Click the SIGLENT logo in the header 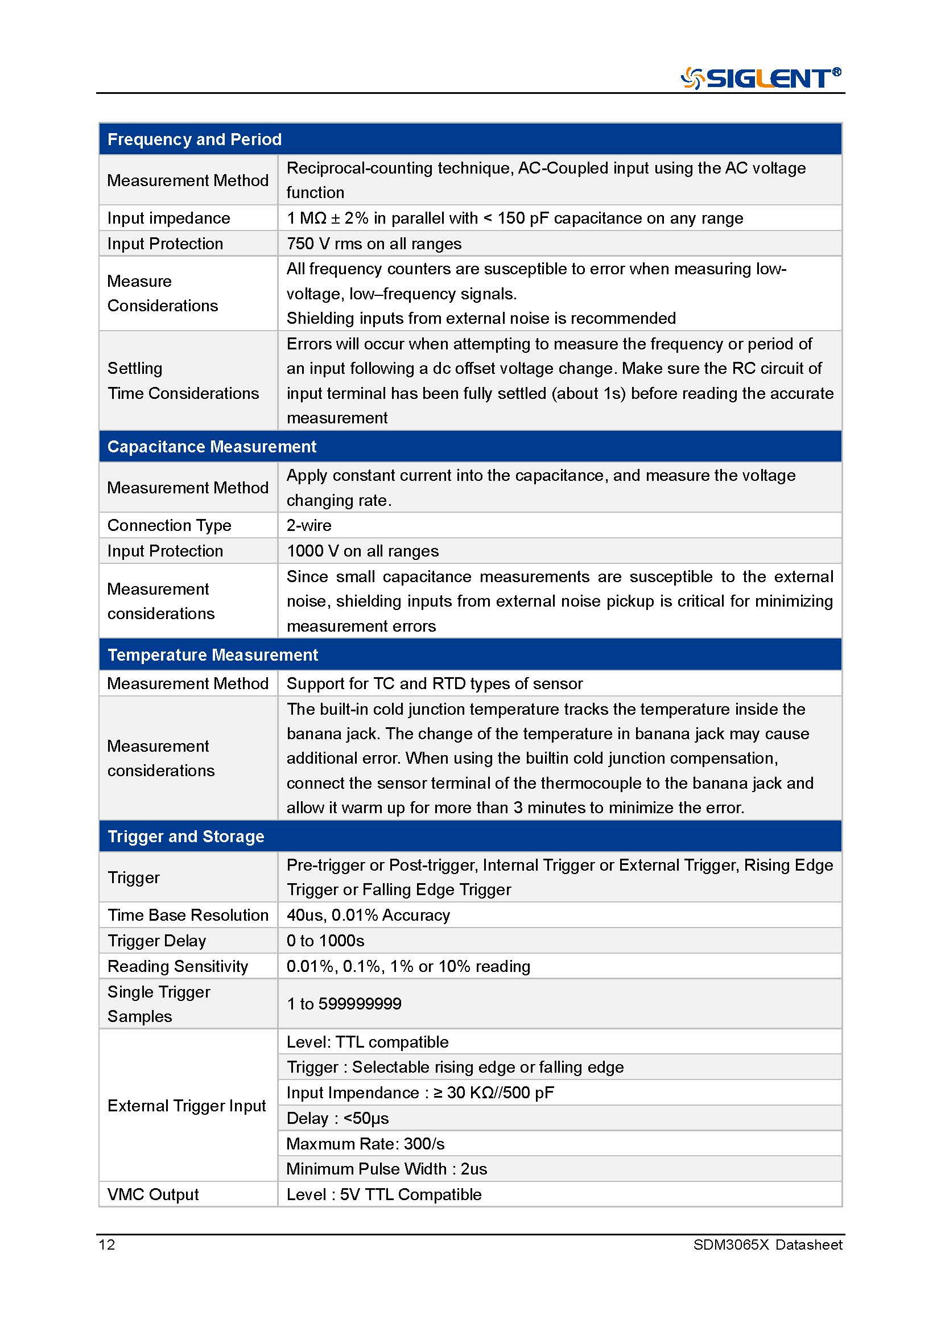coord(760,78)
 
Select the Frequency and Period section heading coord(194,139)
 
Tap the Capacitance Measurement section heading coord(212,446)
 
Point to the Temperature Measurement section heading coord(213,654)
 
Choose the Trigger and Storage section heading coord(185,836)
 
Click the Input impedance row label coord(168,218)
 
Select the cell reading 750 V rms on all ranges coord(374,244)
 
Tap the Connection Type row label coord(169,525)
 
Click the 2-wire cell coord(309,525)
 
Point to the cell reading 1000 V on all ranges coord(363,551)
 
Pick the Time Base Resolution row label coord(188,915)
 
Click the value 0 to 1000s coord(325,940)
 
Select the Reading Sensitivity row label coord(178,966)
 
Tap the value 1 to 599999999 coord(344,1003)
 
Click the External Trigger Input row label coord(187,1106)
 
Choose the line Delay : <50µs coord(337,1118)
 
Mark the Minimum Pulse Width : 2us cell coord(386,1169)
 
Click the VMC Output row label coord(153,1194)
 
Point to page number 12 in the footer coord(107,1245)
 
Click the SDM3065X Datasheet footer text coord(767,1245)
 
